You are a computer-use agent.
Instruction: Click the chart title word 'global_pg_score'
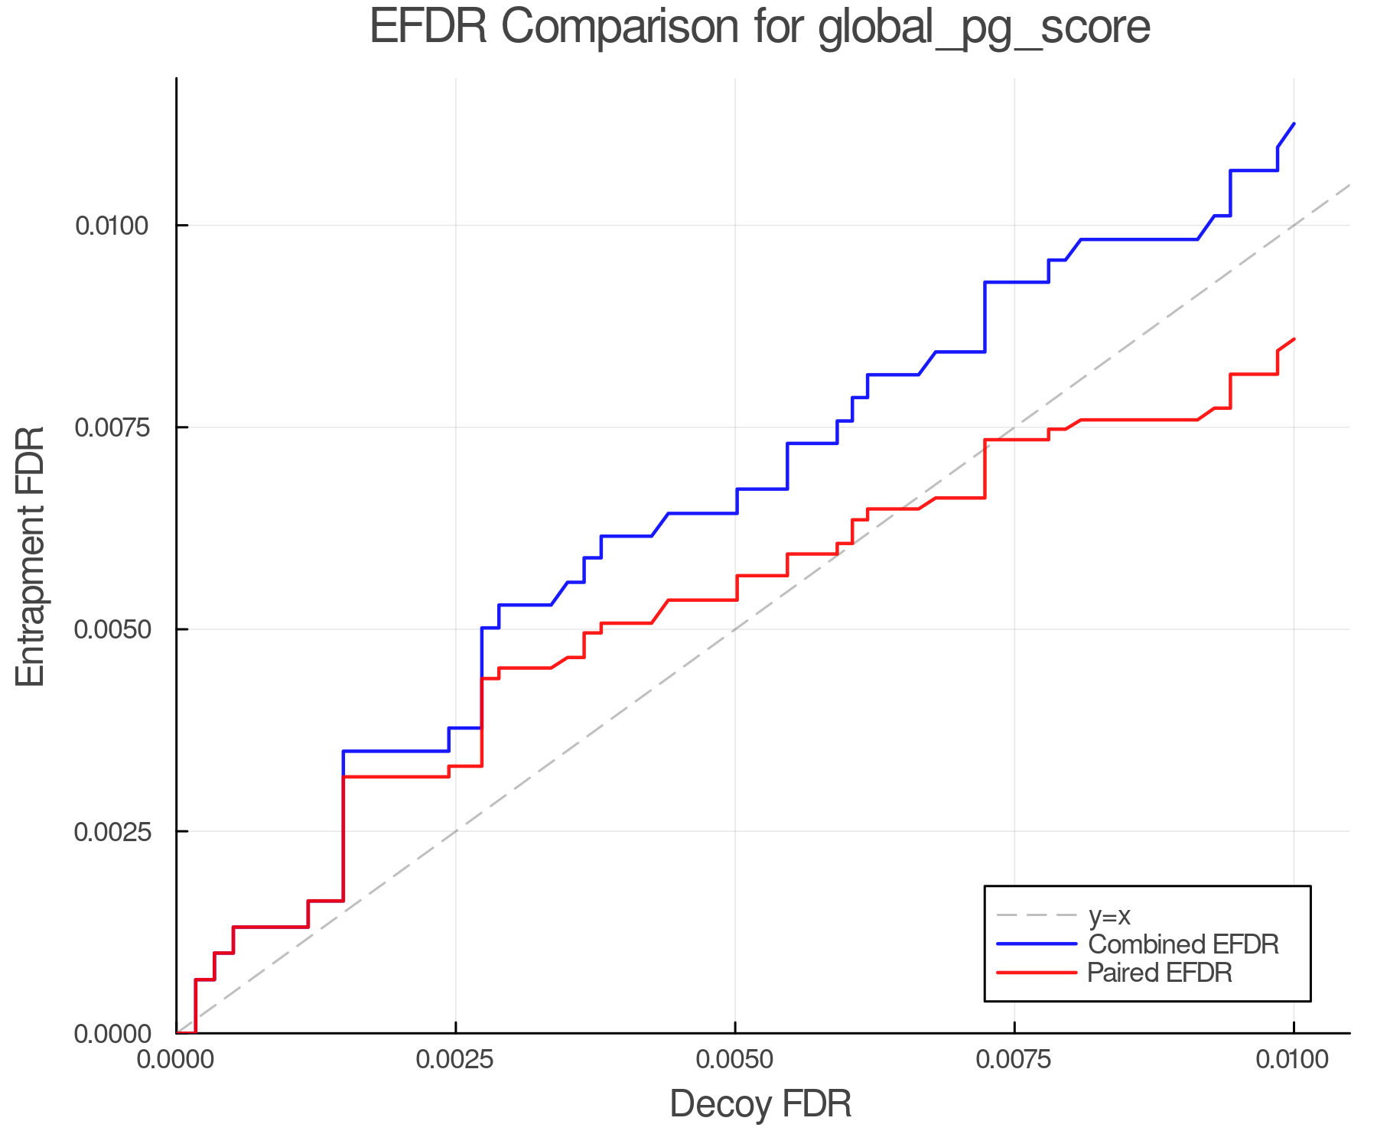point(984,28)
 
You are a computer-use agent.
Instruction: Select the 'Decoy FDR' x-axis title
point(760,1104)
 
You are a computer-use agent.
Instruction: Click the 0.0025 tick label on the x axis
point(456,1060)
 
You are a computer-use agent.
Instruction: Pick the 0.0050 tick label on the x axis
point(735,1060)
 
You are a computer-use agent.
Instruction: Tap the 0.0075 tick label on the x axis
point(1014,1060)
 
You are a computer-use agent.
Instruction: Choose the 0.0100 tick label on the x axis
point(1294,1060)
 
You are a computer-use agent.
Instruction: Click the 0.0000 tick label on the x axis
point(177,1060)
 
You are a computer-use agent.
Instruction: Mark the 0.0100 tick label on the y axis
point(112,226)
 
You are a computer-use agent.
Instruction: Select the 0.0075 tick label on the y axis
point(112,427)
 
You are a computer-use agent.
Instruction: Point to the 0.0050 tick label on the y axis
point(112,629)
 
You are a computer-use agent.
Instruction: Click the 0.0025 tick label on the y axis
point(112,831)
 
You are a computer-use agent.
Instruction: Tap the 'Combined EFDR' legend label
point(1183,944)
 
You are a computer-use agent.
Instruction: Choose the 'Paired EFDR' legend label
point(1160,973)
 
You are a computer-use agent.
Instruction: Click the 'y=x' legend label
point(1109,915)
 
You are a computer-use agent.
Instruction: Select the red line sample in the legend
point(1037,973)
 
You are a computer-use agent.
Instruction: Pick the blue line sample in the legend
point(1037,944)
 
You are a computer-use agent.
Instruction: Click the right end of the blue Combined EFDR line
point(1294,123)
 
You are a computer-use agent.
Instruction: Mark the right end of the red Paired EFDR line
point(1294,339)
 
